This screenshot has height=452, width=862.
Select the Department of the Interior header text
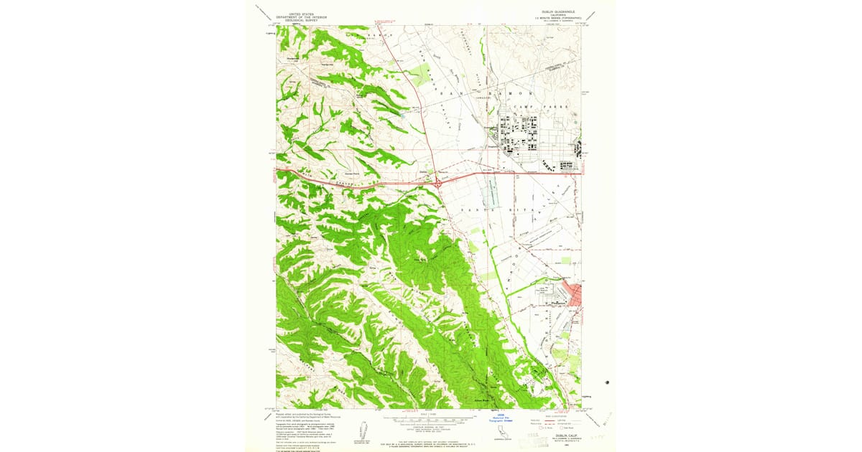click(302, 17)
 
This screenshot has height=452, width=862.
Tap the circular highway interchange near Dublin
click(437, 184)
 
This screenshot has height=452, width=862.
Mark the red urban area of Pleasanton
click(574, 293)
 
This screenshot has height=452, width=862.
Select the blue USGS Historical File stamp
click(502, 415)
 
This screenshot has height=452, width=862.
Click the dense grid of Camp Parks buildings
click(521, 136)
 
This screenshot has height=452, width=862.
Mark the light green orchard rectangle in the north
click(420, 72)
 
